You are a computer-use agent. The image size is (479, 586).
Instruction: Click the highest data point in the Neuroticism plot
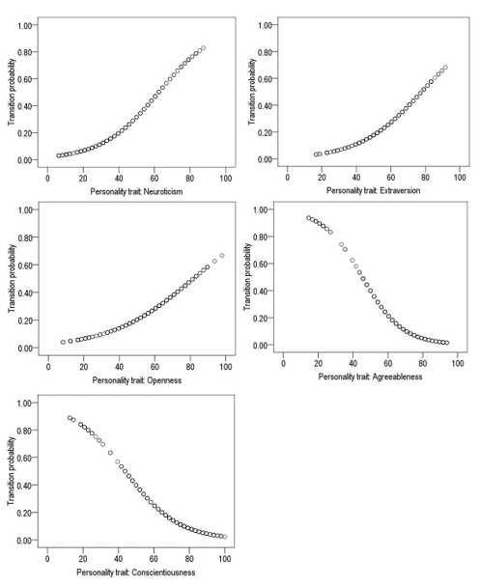pyautogui.click(x=204, y=48)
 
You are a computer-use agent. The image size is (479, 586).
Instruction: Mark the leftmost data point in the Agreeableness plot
pyautogui.click(x=309, y=218)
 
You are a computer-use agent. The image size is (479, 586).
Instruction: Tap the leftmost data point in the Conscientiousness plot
pyautogui.click(x=70, y=417)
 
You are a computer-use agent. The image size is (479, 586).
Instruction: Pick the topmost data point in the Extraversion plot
pyautogui.click(x=445, y=68)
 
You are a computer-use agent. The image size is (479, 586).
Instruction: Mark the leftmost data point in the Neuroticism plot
pyautogui.click(x=59, y=155)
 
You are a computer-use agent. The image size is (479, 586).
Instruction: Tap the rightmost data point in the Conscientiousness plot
pyautogui.click(x=224, y=537)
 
